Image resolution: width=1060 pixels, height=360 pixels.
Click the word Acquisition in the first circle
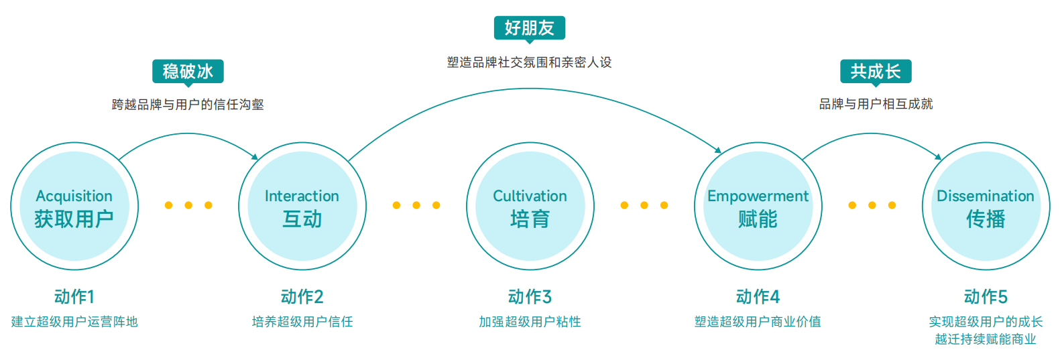tap(74, 196)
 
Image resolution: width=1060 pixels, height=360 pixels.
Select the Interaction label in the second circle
tap(302, 196)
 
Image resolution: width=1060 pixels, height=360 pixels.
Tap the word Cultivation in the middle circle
tap(530, 196)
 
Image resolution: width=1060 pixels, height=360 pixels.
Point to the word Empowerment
tap(758, 196)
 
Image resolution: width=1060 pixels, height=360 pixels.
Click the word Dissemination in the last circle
tap(985, 196)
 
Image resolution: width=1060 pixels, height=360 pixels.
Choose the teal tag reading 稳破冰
tap(188, 71)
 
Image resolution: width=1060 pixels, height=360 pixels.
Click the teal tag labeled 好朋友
tap(530, 28)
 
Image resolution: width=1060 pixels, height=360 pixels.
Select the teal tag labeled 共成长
tap(876, 71)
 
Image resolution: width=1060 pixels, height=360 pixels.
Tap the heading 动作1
tap(74, 296)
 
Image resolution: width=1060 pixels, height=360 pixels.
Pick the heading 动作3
tap(530, 296)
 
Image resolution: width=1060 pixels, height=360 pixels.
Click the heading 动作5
tap(986, 296)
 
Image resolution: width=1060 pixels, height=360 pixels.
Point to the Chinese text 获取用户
tap(74, 219)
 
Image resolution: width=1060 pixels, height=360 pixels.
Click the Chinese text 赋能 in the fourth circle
tap(758, 219)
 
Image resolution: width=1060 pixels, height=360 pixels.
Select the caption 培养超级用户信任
tap(302, 322)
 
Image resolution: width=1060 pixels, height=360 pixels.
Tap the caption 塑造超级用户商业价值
tap(758, 322)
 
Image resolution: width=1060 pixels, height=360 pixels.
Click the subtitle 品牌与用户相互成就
tap(876, 104)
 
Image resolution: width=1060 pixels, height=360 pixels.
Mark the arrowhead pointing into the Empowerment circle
tap(717, 150)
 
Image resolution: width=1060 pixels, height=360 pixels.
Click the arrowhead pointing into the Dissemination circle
tap(938, 157)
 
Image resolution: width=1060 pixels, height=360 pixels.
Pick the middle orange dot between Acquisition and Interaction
tap(188, 205)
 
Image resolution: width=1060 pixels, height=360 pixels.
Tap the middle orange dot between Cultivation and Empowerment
tap(644, 205)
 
